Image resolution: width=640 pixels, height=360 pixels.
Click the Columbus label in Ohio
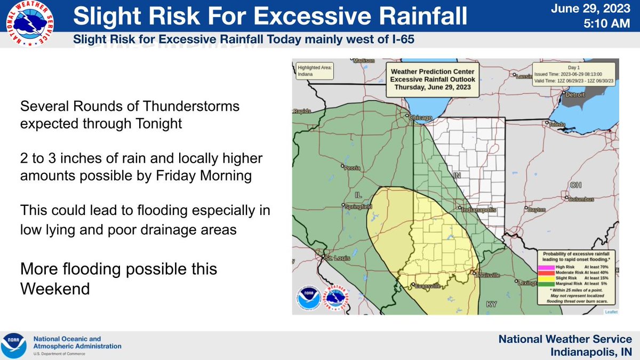(x=581, y=199)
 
